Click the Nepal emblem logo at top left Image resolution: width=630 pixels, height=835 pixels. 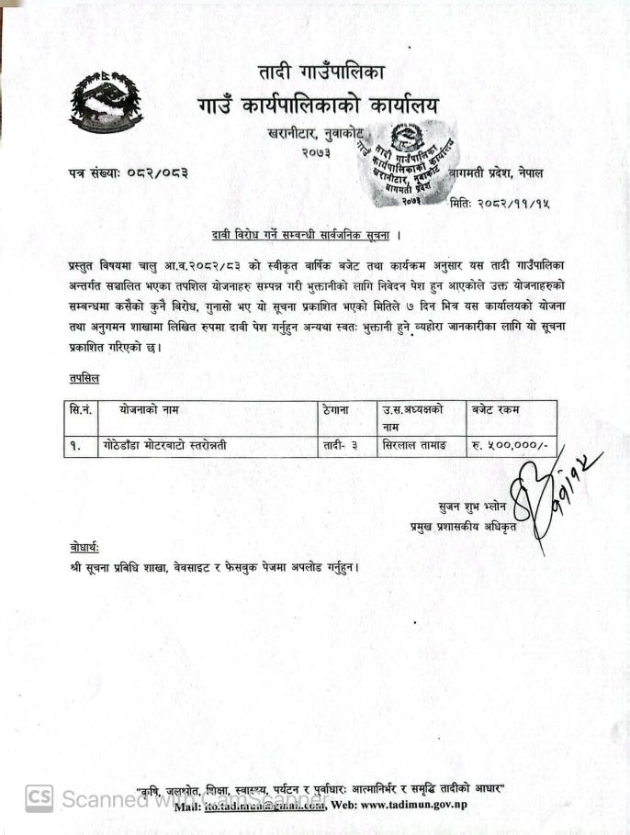106,101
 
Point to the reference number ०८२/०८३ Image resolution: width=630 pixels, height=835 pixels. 154,173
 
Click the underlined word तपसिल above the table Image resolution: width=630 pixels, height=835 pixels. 84,377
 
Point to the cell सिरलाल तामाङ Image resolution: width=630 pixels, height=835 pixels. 413,446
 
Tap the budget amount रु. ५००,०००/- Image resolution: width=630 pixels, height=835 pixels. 508,446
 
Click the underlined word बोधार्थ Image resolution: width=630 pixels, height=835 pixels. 84,547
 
